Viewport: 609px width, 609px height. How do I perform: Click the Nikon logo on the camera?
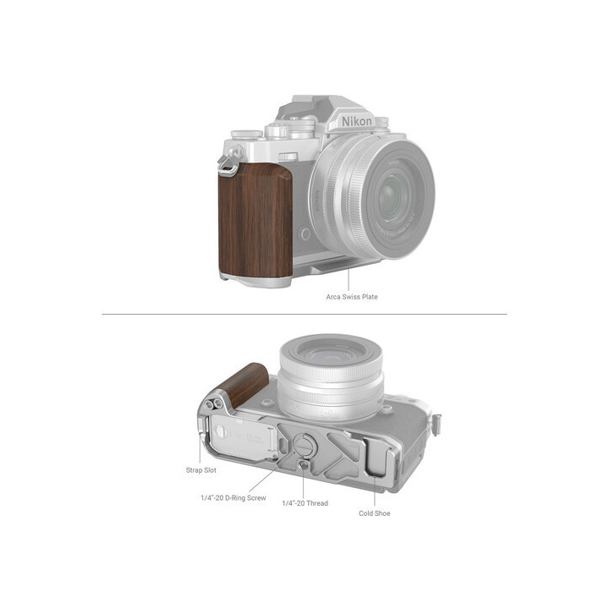click(356, 122)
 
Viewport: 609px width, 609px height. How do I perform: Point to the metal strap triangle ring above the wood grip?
click(227, 165)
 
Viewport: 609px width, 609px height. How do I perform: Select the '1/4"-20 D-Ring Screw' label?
click(233, 498)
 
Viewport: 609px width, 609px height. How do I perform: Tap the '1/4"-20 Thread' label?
click(305, 503)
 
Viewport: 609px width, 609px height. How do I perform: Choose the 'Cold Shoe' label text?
click(375, 513)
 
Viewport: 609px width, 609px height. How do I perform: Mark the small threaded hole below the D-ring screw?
click(303, 463)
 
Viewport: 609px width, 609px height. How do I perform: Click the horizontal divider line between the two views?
click(304, 315)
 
